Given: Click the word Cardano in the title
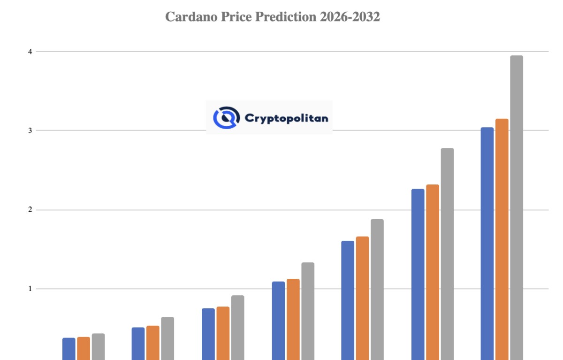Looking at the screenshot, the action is click(191, 17).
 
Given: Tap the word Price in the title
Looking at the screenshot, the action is click(236, 17).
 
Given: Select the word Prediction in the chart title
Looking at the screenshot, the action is click(286, 17).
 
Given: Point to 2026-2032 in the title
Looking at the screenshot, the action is click(350, 17).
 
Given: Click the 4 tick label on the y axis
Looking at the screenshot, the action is click(30, 52).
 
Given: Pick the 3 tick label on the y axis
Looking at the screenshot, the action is click(30, 130).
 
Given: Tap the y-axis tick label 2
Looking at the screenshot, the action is click(30, 209).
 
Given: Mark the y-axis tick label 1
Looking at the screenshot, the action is click(30, 289).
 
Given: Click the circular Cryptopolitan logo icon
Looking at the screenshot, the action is click(226, 118).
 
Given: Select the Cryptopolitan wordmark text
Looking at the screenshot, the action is click(286, 118).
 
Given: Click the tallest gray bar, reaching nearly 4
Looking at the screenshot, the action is click(517, 207).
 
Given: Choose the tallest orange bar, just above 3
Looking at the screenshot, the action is click(502, 239).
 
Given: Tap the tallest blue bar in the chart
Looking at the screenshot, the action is click(487, 244).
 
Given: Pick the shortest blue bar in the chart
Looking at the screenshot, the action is click(69, 349).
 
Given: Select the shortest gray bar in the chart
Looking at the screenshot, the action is click(98, 347).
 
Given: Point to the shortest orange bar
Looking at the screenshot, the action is click(84, 348).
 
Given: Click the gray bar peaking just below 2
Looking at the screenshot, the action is click(377, 290).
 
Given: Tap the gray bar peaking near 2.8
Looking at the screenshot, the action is click(448, 254).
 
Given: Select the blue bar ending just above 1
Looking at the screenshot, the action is click(279, 321).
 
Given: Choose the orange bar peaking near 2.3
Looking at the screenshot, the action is click(433, 272).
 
